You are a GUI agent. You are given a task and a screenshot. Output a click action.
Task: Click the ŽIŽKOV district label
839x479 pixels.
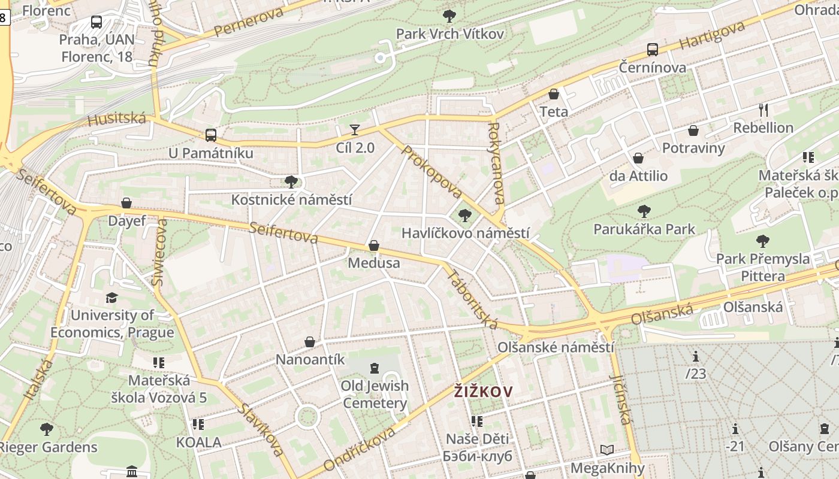pos(483,392)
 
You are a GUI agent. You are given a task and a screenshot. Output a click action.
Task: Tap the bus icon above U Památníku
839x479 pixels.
pos(210,135)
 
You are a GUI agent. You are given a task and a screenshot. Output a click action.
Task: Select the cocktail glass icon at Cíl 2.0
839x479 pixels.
pos(355,129)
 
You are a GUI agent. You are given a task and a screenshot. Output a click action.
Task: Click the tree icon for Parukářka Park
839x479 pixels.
pos(644,211)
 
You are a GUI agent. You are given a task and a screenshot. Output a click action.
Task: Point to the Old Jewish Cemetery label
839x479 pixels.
pos(375,394)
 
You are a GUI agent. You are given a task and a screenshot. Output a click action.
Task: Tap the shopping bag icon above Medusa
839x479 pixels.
pos(374,245)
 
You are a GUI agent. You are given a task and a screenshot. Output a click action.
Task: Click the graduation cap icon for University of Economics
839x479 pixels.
pos(111,298)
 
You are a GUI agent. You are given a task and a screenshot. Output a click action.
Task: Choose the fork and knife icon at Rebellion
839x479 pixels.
pos(763,110)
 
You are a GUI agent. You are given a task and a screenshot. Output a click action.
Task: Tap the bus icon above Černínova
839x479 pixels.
pos(653,50)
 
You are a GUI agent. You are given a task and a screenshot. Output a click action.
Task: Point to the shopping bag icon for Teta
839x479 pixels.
pos(554,94)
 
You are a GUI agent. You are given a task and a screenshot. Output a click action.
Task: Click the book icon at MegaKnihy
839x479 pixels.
pos(607,450)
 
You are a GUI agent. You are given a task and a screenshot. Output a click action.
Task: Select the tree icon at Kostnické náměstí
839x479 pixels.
pos(291,181)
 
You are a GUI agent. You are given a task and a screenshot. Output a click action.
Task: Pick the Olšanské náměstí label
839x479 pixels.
pos(556,347)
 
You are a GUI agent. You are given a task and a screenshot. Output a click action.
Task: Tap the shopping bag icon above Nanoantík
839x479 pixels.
pos(310,342)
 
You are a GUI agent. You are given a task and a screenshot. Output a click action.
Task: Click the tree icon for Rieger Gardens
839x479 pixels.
pos(46,429)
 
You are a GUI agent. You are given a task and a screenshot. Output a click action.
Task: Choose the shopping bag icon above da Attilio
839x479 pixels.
pos(638,158)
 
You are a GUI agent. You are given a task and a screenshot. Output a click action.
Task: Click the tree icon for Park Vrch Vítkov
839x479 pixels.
pos(449,16)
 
